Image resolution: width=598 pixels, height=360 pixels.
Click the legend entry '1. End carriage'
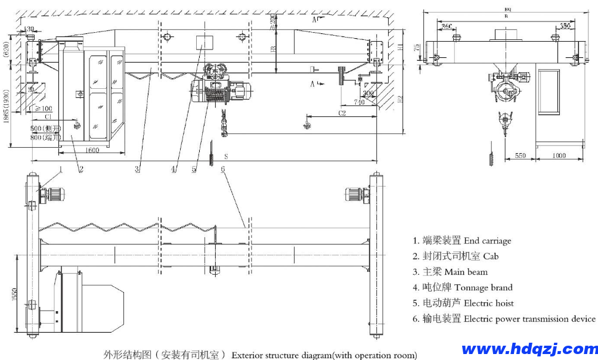(x=461, y=241)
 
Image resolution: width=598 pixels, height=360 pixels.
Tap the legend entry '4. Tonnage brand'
(x=462, y=287)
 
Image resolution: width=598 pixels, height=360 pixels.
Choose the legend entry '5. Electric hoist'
(x=463, y=303)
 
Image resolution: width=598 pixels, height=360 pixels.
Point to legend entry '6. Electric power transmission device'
(x=504, y=319)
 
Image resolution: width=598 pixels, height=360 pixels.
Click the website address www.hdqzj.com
(x=529, y=349)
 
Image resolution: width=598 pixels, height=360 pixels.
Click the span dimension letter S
(x=225, y=156)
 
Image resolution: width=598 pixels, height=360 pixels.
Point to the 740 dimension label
(x=358, y=103)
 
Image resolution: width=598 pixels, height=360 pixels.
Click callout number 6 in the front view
(x=222, y=169)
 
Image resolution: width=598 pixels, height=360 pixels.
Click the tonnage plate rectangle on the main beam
(x=204, y=42)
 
